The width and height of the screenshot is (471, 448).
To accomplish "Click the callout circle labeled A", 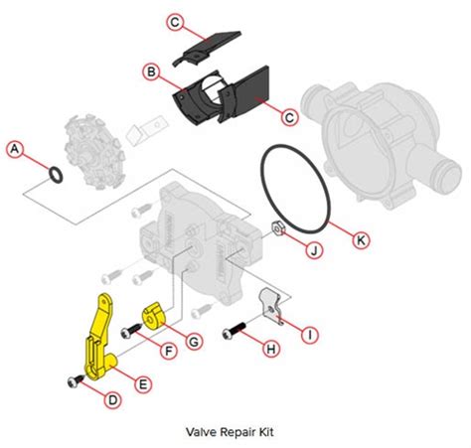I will (x=14, y=149).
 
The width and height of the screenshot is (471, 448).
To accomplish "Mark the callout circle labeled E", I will (x=144, y=382).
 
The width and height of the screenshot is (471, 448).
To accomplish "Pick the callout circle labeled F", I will (x=169, y=350).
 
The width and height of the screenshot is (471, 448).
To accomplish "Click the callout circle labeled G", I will (x=195, y=341).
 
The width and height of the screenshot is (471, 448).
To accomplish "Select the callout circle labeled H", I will (x=269, y=349).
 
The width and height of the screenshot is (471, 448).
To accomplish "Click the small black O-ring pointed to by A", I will (x=59, y=176).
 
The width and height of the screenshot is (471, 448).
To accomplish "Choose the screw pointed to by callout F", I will (x=130, y=332).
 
